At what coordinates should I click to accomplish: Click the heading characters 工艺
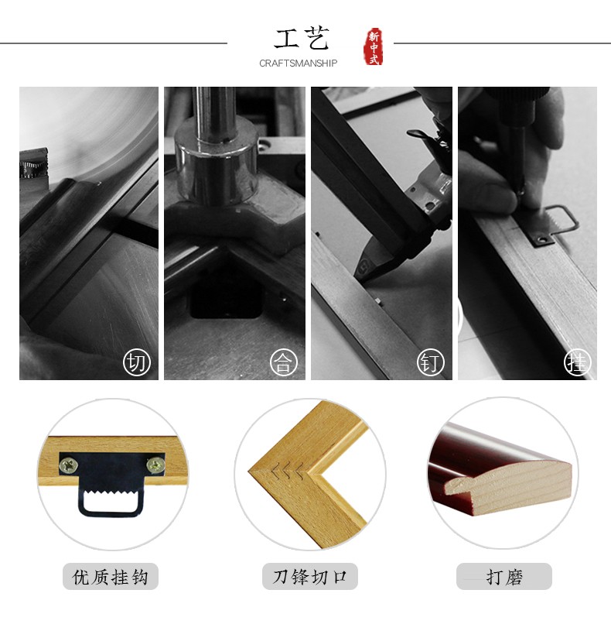click(x=302, y=38)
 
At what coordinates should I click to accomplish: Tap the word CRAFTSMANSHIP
click(x=299, y=63)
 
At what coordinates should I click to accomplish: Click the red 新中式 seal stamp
click(x=374, y=46)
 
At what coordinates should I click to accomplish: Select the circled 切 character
click(x=137, y=362)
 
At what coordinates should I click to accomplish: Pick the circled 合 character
click(x=283, y=362)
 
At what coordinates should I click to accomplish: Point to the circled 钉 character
click(x=431, y=362)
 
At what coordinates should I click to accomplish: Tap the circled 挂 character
click(x=578, y=362)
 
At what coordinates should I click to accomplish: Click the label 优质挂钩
click(x=110, y=577)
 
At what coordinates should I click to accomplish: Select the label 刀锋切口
click(x=309, y=577)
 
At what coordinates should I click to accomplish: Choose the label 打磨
click(x=504, y=577)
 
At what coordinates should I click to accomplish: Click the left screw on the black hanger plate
click(x=69, y=465)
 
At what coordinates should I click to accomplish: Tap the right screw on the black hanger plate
click(x=155, y=465)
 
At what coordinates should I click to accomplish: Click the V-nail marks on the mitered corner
click(x=288, y=472)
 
